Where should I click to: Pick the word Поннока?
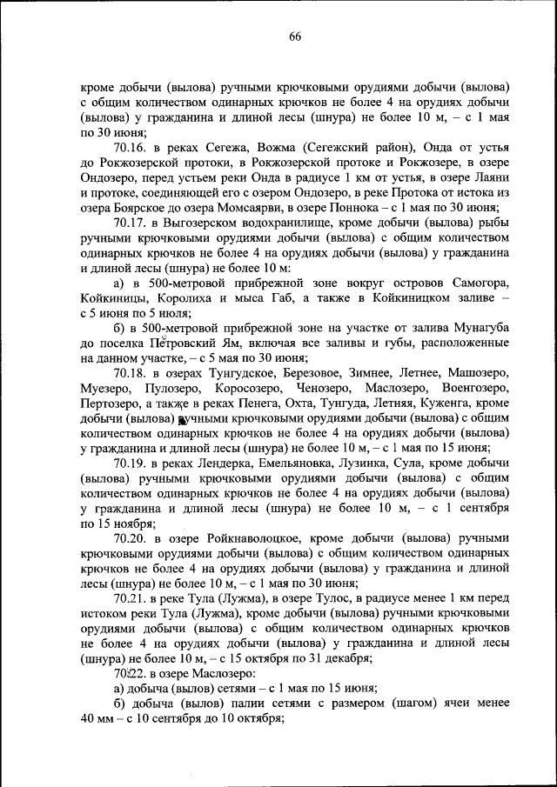coord(384,207)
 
